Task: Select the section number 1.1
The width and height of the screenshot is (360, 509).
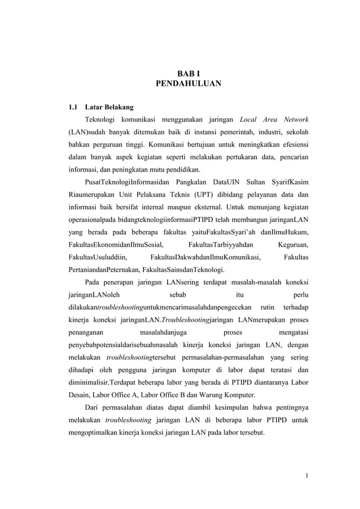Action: (73, 107)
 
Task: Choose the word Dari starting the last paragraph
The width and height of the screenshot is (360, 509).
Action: (92, 407)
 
